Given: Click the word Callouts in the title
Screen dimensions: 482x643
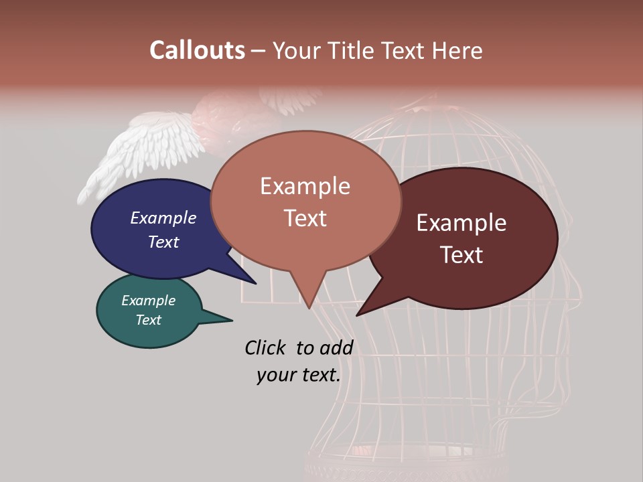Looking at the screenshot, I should (197, 50).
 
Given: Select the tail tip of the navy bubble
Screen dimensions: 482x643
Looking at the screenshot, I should (255, 283).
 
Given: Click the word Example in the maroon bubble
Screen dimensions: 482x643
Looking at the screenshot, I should (461, 223).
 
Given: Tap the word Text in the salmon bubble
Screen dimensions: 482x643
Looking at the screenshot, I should (305, 218).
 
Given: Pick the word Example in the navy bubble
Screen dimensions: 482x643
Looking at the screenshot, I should (163, 218).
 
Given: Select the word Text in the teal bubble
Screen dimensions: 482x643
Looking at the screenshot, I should (149, 320).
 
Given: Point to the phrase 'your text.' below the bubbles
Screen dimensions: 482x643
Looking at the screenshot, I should (299, 375).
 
